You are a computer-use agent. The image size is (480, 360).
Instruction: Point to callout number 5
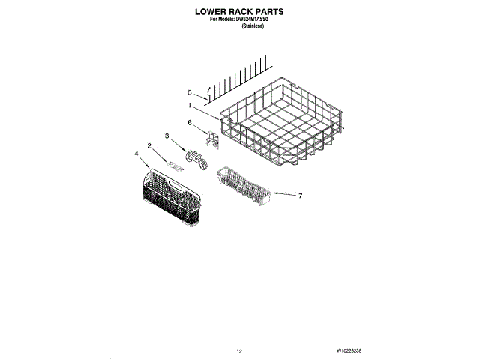click(190, 92)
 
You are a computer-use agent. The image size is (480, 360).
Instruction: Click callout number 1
click(190, 106)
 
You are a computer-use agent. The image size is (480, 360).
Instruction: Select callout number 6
click(190, 122)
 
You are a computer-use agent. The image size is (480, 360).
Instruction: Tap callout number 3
click(167, 136)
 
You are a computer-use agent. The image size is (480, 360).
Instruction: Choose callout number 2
click(149, 145)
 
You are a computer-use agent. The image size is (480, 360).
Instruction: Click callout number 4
click(136, 154)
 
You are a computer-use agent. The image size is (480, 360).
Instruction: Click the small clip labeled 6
click(212, 138)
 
